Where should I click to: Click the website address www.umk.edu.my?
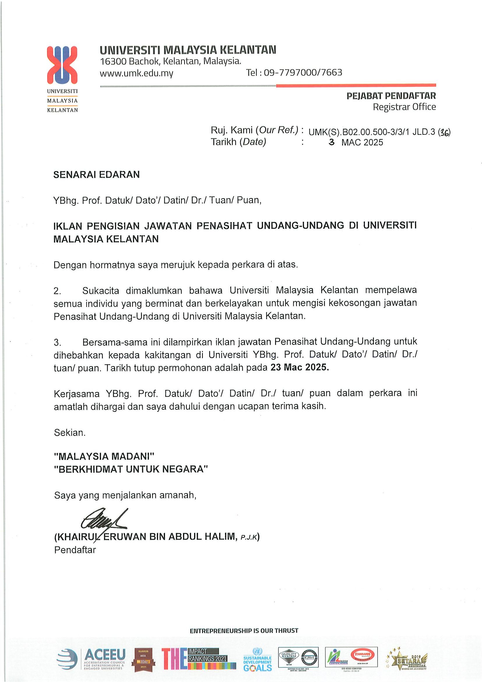136,73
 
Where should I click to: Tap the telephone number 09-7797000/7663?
303,73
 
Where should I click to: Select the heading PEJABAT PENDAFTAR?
391,96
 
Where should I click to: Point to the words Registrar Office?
404,107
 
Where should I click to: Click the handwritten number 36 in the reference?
445,133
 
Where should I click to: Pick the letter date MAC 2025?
362,143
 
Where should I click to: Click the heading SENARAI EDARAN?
96,175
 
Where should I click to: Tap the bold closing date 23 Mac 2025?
300,368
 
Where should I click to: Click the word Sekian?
69,433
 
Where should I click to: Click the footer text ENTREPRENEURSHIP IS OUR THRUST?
244,630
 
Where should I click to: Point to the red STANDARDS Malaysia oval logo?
361,653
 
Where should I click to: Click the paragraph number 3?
57,342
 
